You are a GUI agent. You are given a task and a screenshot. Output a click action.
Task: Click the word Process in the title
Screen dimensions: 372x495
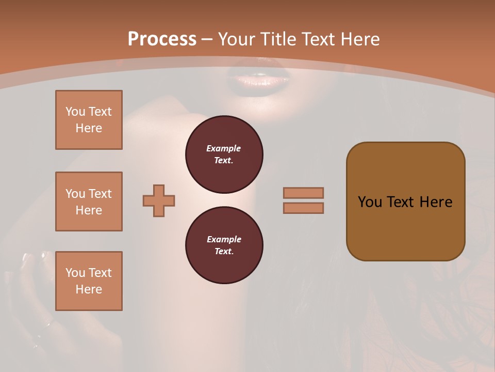coord(162,39)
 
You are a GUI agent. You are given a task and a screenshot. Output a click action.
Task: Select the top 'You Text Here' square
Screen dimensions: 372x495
coord(89,120)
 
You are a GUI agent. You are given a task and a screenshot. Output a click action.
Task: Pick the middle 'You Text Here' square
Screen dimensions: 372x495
coord(89,202)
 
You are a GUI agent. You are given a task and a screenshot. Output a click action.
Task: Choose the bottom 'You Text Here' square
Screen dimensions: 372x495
coord(89,281)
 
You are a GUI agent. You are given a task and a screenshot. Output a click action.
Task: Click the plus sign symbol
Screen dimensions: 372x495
coord(159,200)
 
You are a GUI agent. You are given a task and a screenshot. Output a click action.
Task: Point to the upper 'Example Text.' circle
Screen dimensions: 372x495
coord(224,154)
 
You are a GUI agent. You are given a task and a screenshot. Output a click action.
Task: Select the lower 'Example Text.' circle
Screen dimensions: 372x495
coord(224,245)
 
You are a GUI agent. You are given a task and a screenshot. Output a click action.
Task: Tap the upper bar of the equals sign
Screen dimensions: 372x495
coord(304,193)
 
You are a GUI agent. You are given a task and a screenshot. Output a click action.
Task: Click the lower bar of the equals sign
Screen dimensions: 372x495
coord(304,208)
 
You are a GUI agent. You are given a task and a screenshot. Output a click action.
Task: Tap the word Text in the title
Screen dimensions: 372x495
coord(318,39)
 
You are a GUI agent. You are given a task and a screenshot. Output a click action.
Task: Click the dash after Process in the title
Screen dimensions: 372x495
coord(207,39)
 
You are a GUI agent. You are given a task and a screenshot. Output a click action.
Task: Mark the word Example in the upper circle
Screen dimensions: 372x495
coord(223,148)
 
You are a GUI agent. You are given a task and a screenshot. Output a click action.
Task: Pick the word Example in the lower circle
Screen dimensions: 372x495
coord(224,239)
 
